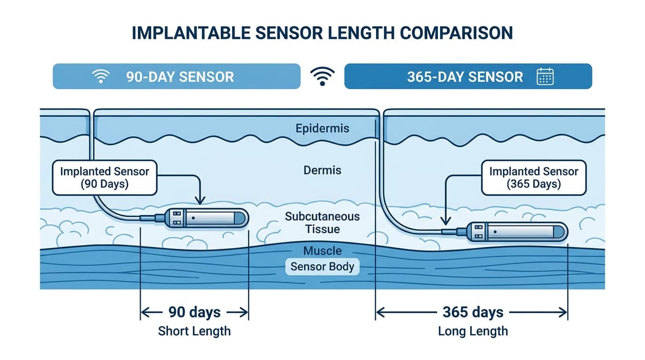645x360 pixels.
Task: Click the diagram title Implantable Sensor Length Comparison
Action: pos(322,33)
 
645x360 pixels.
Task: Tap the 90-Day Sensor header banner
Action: pos(176,76)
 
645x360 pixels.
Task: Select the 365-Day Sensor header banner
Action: pos(468,76)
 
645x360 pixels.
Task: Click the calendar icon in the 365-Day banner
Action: pos(545,76)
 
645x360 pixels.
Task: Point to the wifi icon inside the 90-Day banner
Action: pos(101,76)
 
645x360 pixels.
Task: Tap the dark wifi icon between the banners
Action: pos(322,75)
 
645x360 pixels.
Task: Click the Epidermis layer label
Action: pos(322,128)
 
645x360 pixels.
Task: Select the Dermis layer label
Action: pos(322,170)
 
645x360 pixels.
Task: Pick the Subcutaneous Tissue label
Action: pos(322,223)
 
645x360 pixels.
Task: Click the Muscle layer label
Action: pos(322,251)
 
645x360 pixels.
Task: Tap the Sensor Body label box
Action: pos(322,267)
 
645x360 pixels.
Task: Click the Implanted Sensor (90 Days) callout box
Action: pos(104,177)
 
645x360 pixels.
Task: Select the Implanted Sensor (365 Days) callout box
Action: pos(533,177)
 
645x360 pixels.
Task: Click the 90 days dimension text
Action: pos(195,312)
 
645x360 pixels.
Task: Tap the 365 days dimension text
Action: pos(472,312)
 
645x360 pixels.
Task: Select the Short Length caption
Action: pos(195,331)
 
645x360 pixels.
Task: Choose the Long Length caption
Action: pos(472,331)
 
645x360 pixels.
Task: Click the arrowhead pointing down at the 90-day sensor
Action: pos(200,201)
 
